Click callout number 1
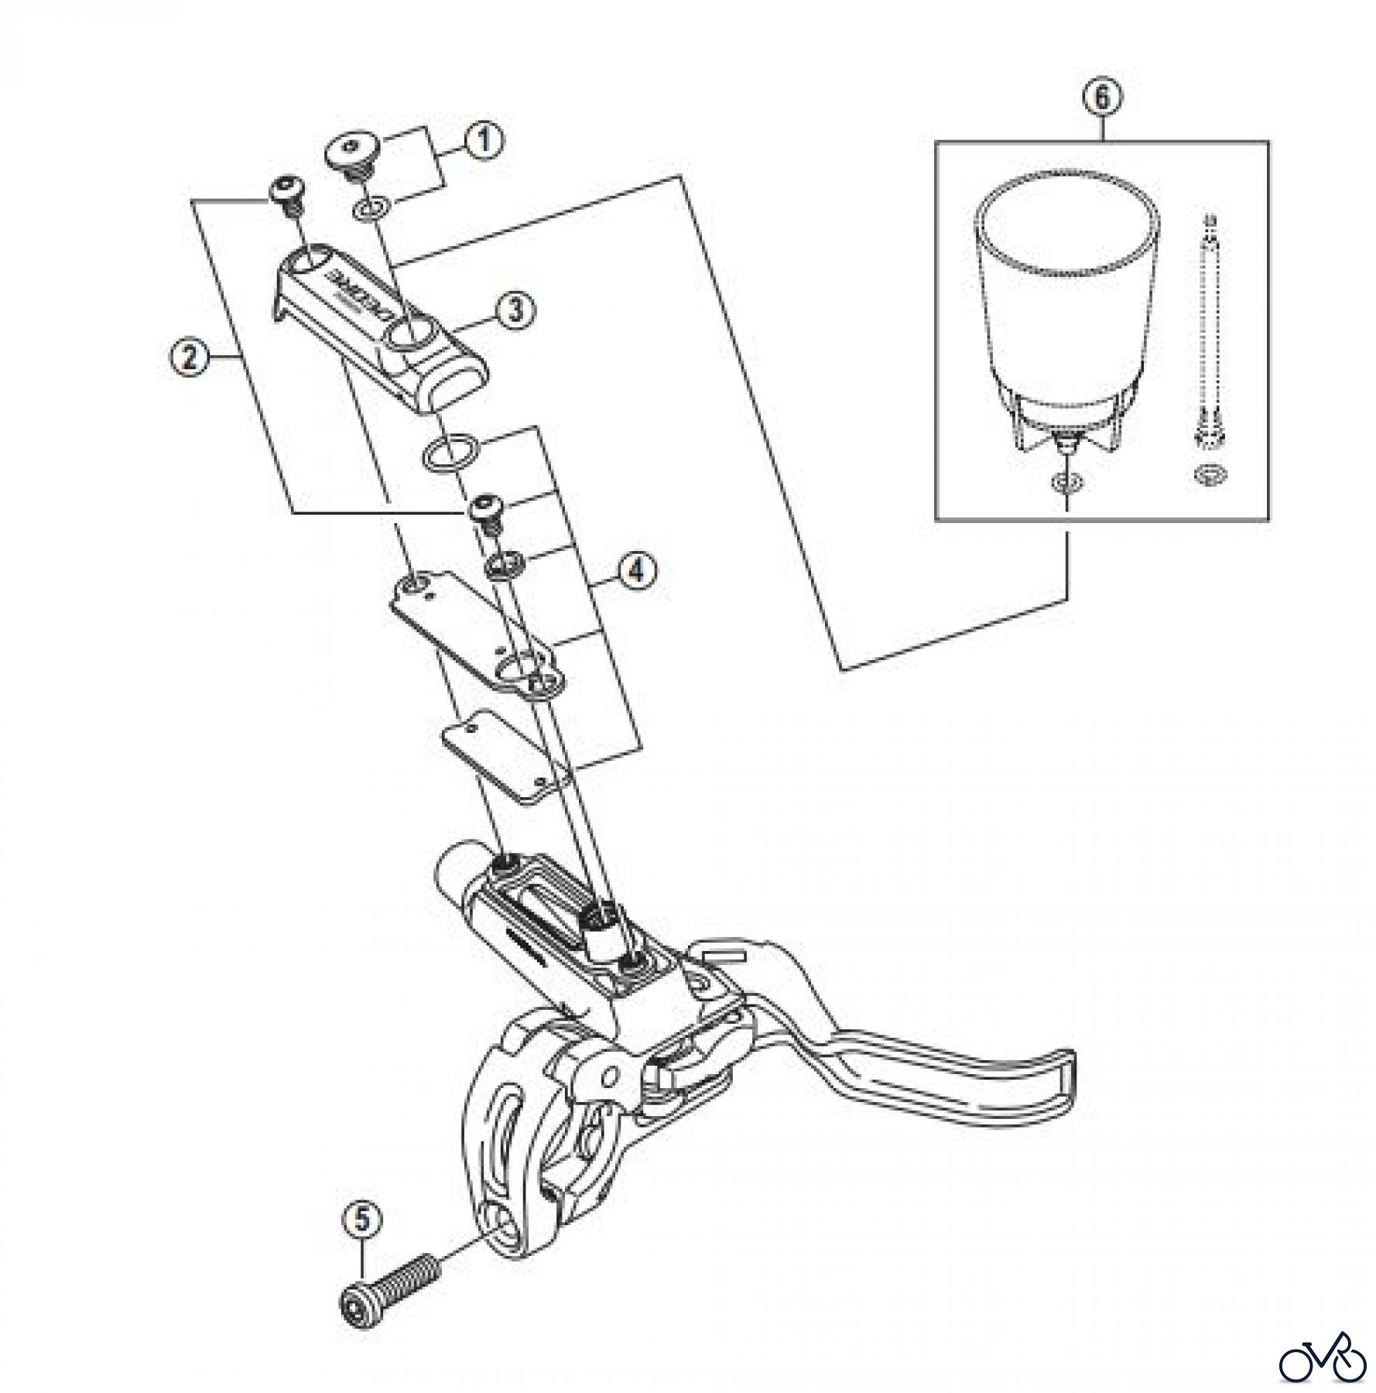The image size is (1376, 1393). (483, 142)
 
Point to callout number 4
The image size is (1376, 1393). (636, 571)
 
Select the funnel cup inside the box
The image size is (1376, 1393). (1066, 310)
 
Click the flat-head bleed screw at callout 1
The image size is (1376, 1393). (352, 152)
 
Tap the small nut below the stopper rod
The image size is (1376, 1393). (1207, 474)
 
